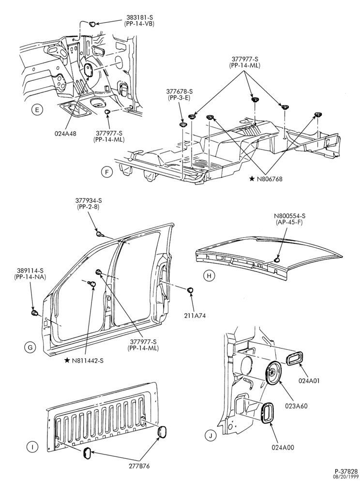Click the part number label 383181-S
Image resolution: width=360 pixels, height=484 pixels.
click(x=140, y=17)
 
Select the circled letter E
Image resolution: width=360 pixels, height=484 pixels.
click(x=37, y=110)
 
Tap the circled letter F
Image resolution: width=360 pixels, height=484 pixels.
click(x=107, y=172)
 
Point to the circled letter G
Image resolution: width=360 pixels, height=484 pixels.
click(x=30, y=348)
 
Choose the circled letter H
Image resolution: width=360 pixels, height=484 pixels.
click(x=209, y=276)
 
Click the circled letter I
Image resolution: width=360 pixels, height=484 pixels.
click(x=32, y=446)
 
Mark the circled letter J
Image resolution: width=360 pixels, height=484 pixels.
click(x=210, y=436)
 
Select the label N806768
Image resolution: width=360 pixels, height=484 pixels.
click(x=270, y=179)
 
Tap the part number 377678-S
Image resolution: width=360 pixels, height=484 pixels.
click(x=179, y=91)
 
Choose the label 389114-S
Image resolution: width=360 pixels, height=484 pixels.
click(x=30, y=272)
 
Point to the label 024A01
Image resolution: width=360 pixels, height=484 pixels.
click(x=309, y=380)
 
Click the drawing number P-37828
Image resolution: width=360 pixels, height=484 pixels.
click(x=346, y=471)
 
